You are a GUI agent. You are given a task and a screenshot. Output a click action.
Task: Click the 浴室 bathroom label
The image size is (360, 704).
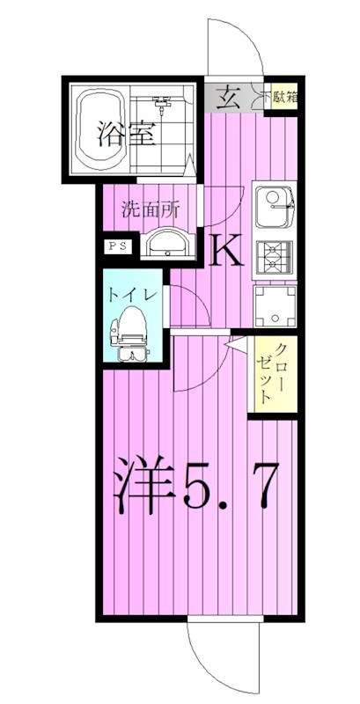click(x=114, y=136)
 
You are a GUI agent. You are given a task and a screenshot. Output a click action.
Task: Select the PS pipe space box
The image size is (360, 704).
click(x=117, y=246)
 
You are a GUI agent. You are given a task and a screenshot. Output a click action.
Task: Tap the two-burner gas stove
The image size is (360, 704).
click(x=276, y=256)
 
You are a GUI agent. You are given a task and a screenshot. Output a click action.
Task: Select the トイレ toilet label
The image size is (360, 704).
click(x=133, y=297)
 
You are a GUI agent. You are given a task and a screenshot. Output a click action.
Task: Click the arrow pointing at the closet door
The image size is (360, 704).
click(x=232, y=348)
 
